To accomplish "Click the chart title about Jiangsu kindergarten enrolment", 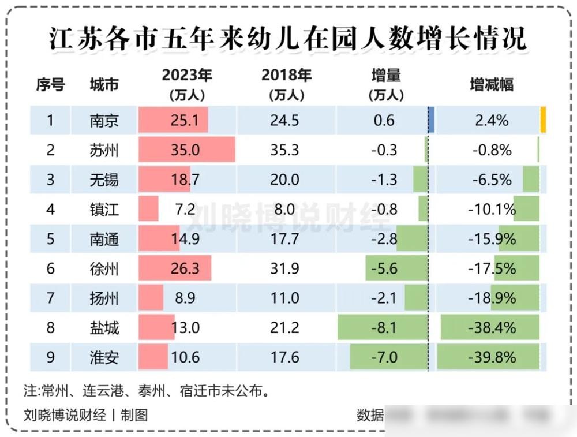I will (x=288, y=39).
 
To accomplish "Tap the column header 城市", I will (x=104, y=84).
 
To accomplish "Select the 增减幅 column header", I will (x=492, y=84).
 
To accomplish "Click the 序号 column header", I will (x=50, y=84).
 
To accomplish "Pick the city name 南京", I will (x=104, y=121).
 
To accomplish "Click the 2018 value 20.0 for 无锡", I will (x=285, y=180).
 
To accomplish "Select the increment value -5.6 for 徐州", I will (x=384, y=269).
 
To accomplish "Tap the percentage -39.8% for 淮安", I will (x=492, y=357).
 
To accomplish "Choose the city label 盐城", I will (x=104, y=328).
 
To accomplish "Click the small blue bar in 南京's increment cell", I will (x=431, y=121).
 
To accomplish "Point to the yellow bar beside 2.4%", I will (x=543, y=121).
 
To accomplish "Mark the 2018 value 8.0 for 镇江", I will (x=285, y=209).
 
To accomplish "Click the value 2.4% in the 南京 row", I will (x=492, y=121).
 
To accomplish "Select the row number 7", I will (x=50, y=298).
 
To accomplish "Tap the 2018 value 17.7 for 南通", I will (x=285, y=238).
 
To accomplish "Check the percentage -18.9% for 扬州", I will (x=492, y=298).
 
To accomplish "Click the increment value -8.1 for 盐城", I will (x=384, y=328).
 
